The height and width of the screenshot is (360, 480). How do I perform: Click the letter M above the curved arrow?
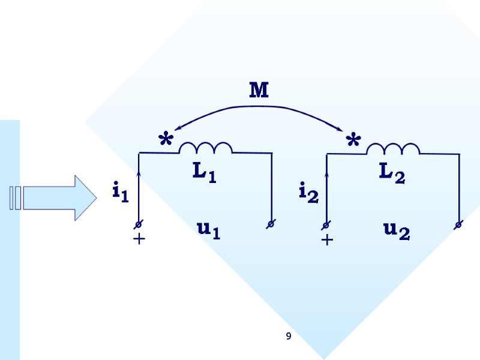coord(259,91)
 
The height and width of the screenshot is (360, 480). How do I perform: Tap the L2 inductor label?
coord(392,173)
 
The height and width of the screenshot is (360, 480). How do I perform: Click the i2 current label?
coord(308,192)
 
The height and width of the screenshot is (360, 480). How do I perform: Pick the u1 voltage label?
coord(208,230)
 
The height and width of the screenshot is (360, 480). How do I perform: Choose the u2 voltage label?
coord(397,230)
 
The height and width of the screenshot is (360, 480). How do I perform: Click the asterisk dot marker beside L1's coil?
coord(165,142)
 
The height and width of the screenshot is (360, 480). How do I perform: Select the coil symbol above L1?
coord(206,148)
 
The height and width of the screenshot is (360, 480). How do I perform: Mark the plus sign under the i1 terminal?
coord(139,239)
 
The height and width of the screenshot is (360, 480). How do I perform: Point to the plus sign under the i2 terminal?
coord(326,240)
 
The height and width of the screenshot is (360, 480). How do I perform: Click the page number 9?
coord(289,337)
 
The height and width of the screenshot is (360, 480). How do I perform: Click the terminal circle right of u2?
coord(458,225)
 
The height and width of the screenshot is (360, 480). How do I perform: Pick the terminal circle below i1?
coord(139,224)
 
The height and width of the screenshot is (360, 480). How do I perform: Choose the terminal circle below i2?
coord(326,225)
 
